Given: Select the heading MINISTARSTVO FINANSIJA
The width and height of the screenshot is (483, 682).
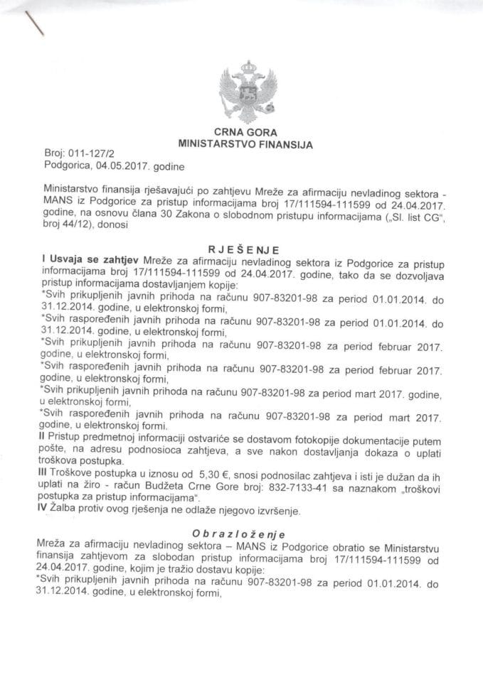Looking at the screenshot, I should click(x=244, y=143).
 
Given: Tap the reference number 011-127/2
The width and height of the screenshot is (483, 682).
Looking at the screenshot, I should click(x=87, y=152).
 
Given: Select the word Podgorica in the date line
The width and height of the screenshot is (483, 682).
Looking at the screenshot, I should click(x=63, y=167).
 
